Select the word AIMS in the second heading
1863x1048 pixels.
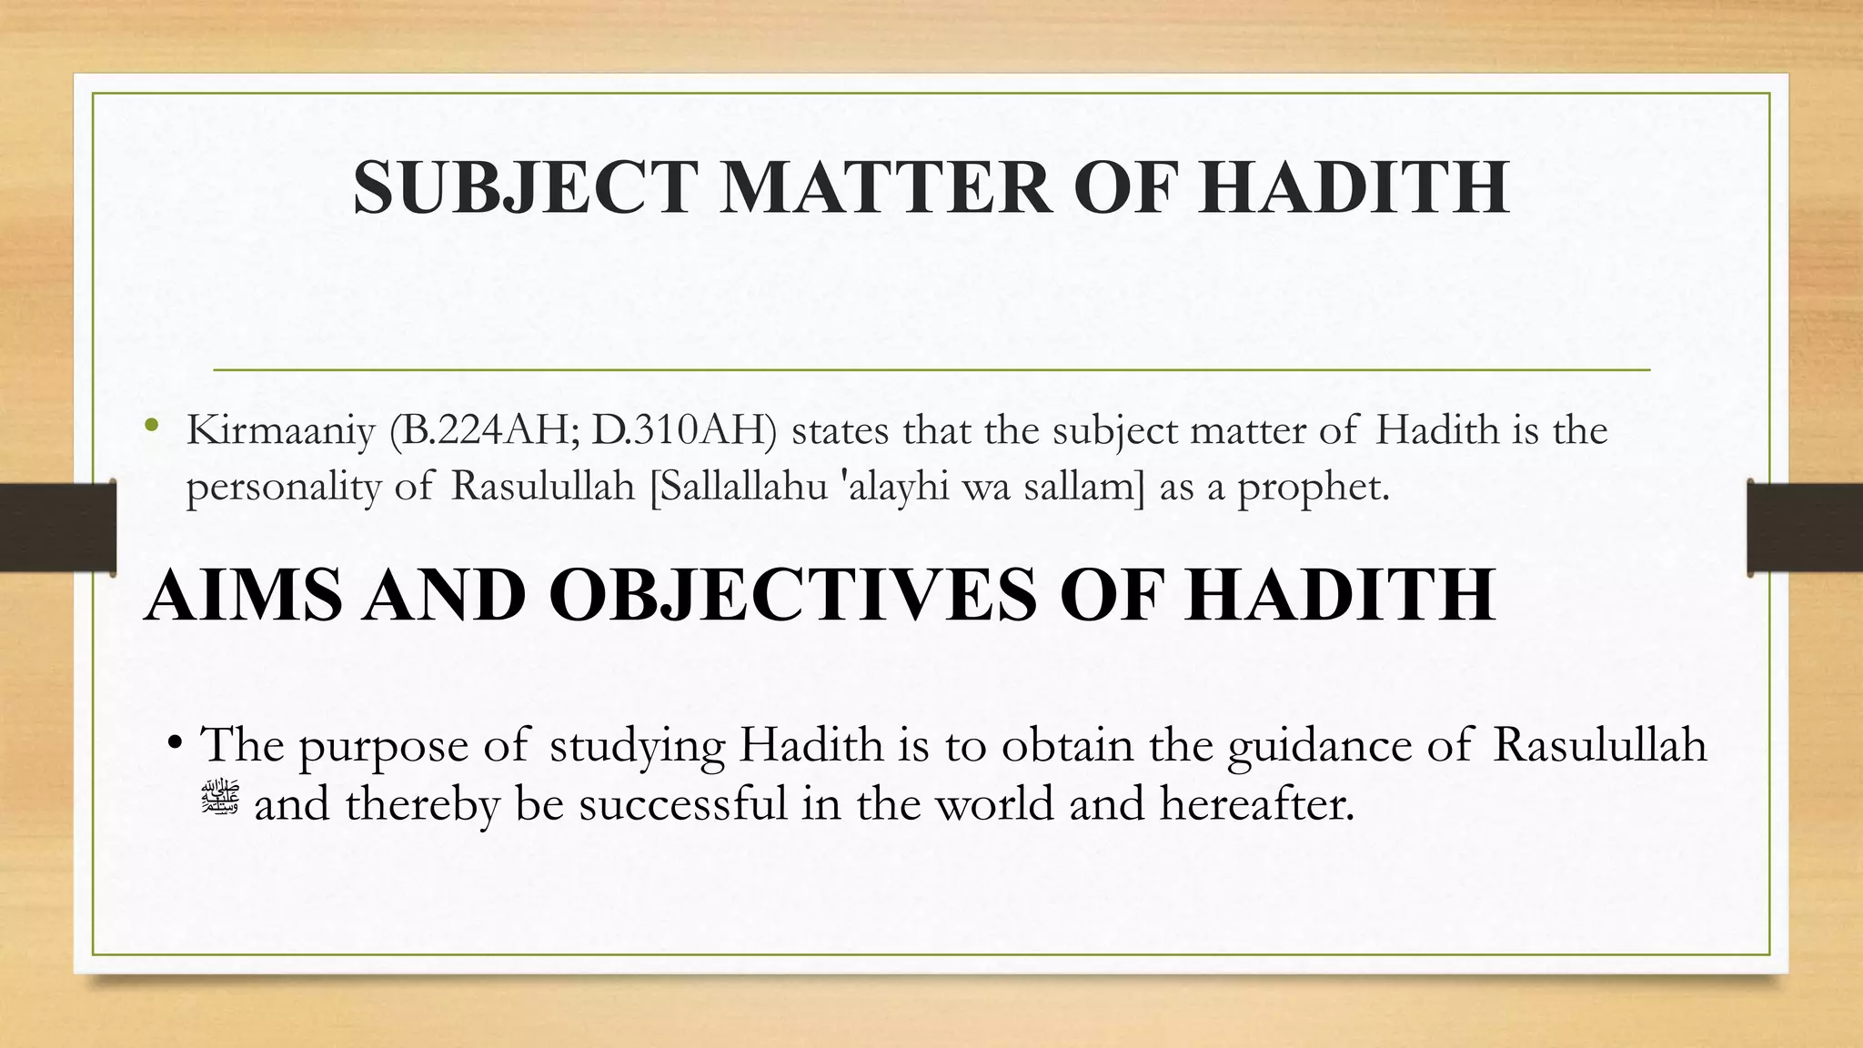click(242, 595)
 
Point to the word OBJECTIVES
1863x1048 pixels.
click(792, 595)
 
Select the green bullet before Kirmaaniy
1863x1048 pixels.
click(151, 426)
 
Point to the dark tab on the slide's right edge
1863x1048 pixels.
click(1805, 528)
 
